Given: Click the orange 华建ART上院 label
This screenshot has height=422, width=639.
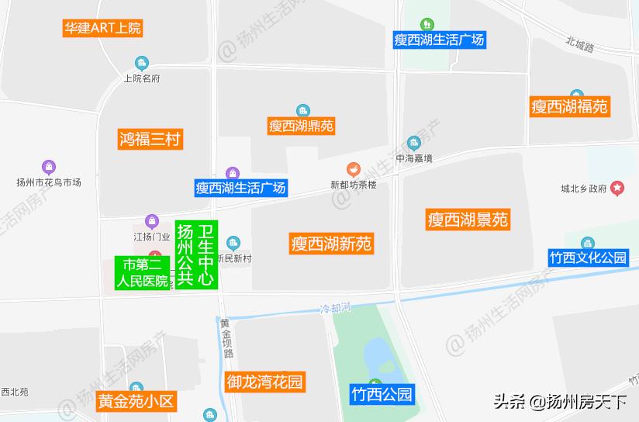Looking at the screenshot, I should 102,29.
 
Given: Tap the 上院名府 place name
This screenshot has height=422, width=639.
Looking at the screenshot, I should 141,78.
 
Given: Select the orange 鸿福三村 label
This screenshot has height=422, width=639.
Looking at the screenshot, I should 150,140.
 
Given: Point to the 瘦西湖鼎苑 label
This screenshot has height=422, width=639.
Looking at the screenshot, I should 302,126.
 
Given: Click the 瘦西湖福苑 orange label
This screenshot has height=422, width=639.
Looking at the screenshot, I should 569,107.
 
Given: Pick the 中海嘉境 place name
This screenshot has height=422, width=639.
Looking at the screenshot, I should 414,158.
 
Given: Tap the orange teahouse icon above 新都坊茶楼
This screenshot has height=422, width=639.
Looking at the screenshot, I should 353,169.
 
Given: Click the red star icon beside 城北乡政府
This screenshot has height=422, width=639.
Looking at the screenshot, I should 617,188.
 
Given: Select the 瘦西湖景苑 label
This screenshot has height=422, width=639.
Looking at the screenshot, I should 468,220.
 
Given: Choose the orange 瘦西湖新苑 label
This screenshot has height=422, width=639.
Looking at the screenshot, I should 331,244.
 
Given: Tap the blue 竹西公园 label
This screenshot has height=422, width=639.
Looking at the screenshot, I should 381,394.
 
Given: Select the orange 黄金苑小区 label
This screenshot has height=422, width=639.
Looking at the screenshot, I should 136,402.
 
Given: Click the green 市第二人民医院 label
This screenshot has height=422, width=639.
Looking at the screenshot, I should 142,273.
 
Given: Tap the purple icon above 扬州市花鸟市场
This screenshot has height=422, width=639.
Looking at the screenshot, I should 49,167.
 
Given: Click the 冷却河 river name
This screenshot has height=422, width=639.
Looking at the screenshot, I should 336,308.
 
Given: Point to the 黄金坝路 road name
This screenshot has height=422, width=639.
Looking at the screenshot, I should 226,337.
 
